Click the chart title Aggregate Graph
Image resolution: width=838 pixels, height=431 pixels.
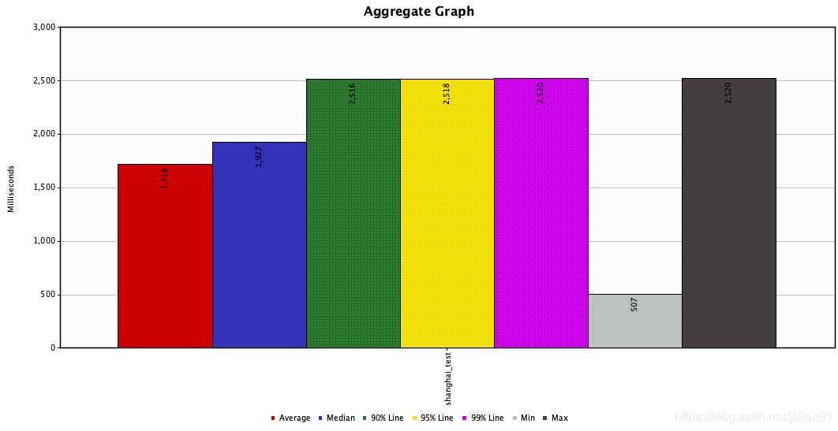point(418,12)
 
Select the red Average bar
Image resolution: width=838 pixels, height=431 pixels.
point(165,260)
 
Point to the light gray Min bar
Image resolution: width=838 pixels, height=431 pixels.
point(634,323)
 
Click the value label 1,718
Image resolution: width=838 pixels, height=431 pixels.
point(165,178)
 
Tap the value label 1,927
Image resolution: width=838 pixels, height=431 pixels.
point(259,156)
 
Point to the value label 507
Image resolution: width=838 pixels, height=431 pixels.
point(634,304)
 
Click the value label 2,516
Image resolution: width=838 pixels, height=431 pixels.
point(353,93)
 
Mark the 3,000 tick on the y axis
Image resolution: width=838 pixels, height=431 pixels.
point(43,27)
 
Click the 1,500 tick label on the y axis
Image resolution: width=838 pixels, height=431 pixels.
point(43,188)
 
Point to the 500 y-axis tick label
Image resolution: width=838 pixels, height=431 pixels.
point(47,295)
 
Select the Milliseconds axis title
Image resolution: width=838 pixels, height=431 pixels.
point(11,188)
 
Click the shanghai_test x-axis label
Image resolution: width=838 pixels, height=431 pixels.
point(447,379)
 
